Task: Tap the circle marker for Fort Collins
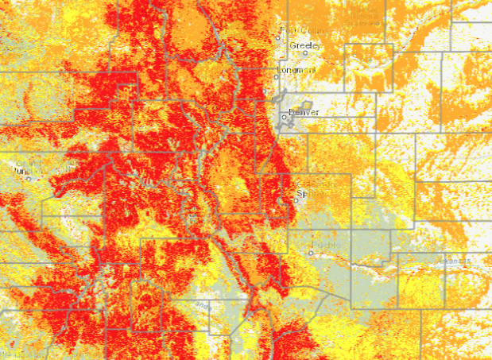point(280,31)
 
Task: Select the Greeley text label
point(305,46)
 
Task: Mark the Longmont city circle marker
point(277,77)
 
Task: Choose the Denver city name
point(304,112)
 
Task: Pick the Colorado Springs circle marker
point(296,200)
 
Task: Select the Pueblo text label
point(327,245)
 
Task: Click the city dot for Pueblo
point(311,253)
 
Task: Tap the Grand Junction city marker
point(29,178)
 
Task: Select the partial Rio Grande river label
point(203,306)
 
